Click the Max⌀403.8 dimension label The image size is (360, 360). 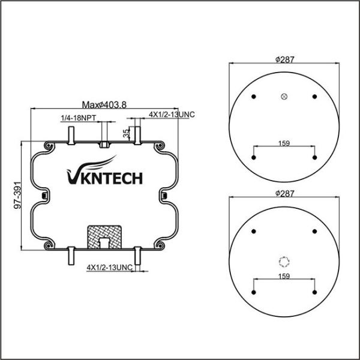pyautogui.click(x=104, y=105)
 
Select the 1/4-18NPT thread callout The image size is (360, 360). pyautogui.click(x=78, y=118)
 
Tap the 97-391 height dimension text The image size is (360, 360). pyautogui.click(x=17, y=195)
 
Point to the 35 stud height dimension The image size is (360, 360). pyautogui.click(x=126, y=133)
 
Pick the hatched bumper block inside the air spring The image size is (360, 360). pyautogui.click(x=104, y=237)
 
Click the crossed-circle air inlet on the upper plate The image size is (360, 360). pyautogui.click(x=284, y=97)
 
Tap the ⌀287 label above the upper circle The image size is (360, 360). pyautogui.click(x=284, y=59)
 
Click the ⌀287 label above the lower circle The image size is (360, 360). pyautogui.click(x=284, y=194)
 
